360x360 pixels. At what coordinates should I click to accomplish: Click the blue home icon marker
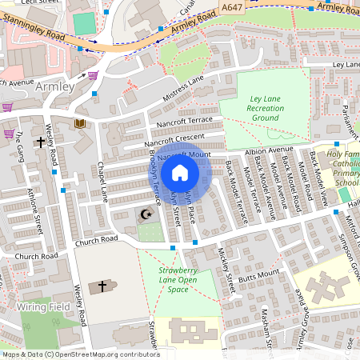180,172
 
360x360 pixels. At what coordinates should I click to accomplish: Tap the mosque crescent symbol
146,214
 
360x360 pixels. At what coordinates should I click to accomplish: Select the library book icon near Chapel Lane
80,123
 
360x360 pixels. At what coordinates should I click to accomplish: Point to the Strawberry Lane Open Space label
167,280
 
